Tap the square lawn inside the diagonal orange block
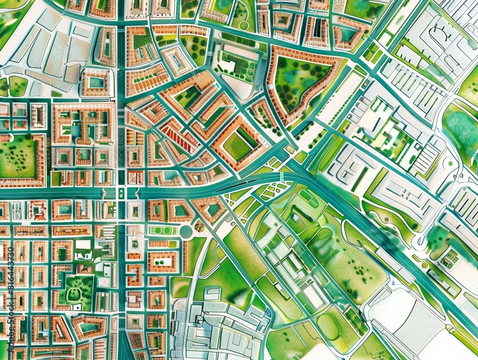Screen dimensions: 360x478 click(x=237, y=146)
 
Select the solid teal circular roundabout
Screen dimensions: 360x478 click(x=186, y=232)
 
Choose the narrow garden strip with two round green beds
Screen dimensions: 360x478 click(x=163, y=230)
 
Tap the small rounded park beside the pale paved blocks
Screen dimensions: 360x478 click(x=18, y=86)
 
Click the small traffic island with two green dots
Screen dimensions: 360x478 click(x=121, y=193)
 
